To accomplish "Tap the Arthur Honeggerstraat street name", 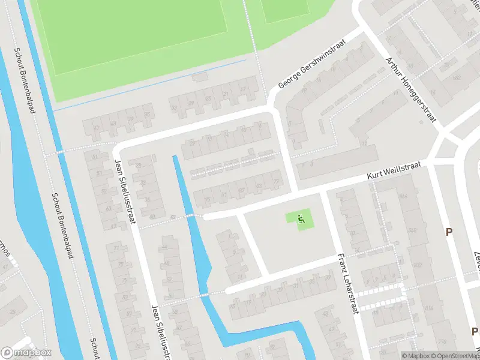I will (x=411, y=90).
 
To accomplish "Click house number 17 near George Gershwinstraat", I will (x=242, y=89).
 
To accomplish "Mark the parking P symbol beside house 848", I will (x=448, y=232).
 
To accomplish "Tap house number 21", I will (x=226, y=94).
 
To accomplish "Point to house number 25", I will (x=208, y=98).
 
